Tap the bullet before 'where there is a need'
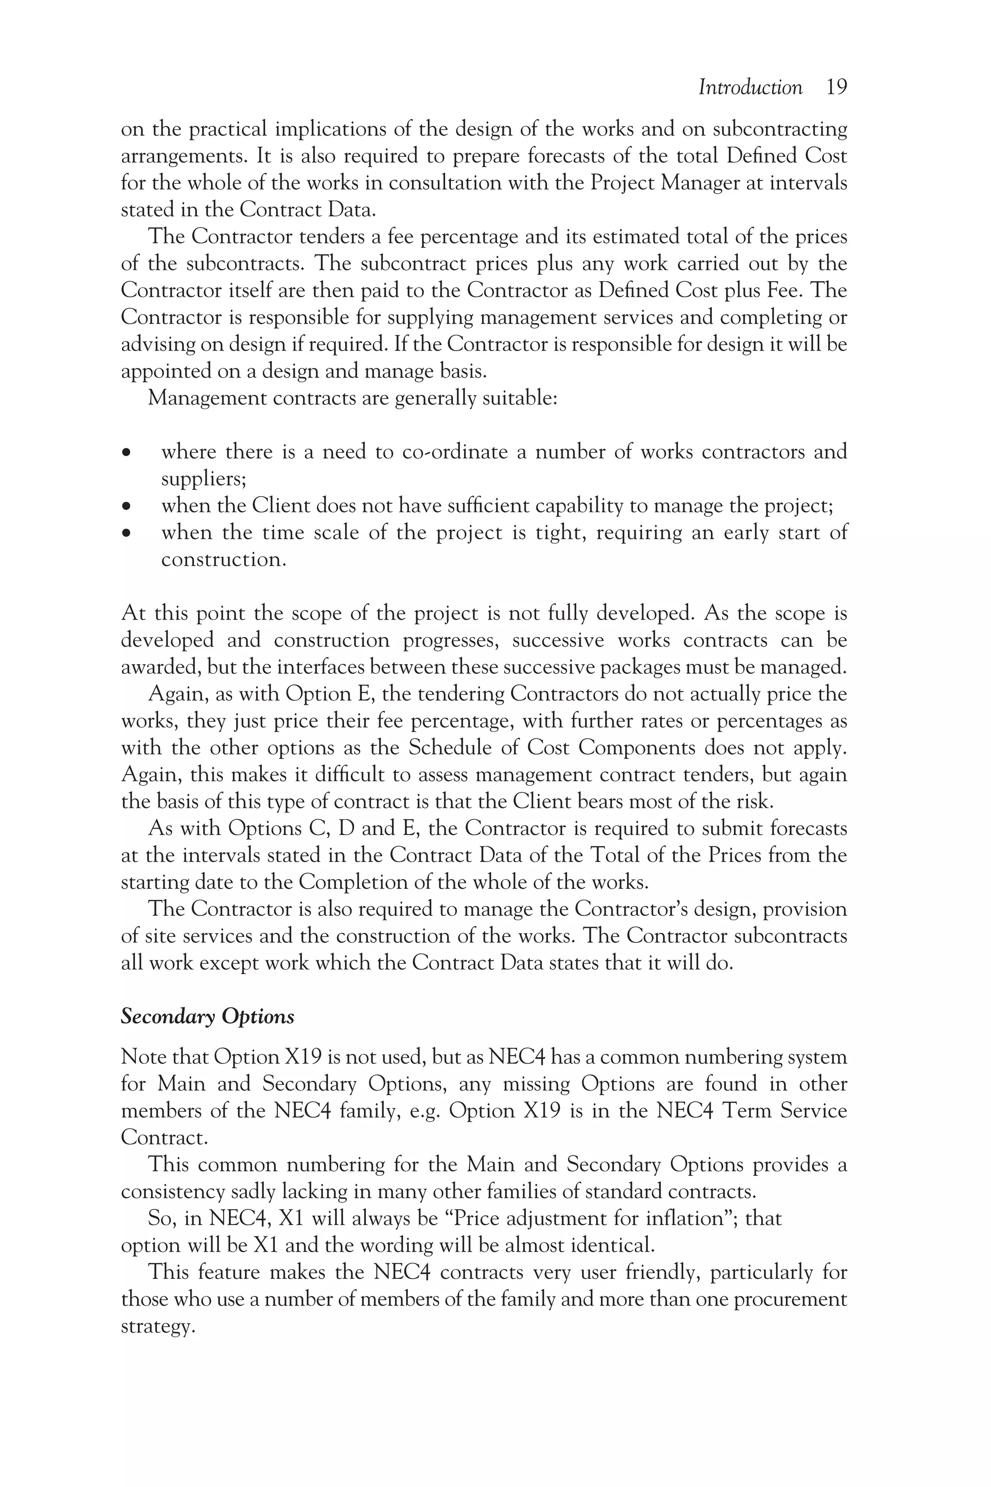[x=127, y=453]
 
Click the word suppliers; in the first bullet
[x=204, y=479]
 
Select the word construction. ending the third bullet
[x=224, y=560]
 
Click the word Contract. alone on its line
[x=164, y=1138]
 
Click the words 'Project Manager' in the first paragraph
[x=665, y=182]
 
